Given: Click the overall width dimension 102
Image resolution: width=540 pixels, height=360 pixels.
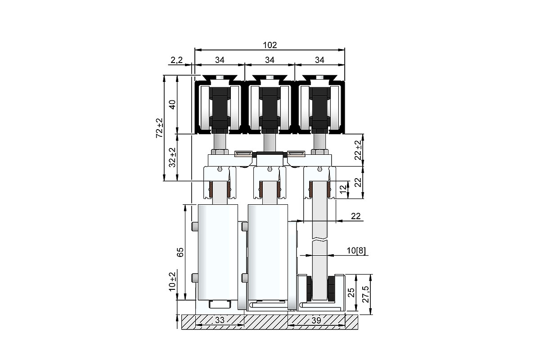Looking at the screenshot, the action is click(270, 45).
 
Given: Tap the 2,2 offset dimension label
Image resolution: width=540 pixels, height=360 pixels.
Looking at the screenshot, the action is click(177, 60).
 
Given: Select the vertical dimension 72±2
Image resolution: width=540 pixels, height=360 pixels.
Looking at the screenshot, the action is click(160, 128).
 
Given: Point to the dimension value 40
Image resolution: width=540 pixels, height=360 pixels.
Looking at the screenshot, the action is click(173, 105).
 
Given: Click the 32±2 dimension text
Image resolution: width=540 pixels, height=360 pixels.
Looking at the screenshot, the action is click(173, 157).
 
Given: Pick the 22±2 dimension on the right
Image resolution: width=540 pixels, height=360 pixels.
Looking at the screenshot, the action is click(359, 150).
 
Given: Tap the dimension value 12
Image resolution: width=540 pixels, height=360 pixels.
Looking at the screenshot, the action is click(344, 189).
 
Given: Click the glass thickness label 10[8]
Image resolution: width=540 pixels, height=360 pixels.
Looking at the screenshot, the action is click(356, 251).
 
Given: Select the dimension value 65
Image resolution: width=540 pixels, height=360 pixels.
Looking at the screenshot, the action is click(180, 252).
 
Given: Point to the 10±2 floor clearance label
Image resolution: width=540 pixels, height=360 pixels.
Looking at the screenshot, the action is click(173, 282).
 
